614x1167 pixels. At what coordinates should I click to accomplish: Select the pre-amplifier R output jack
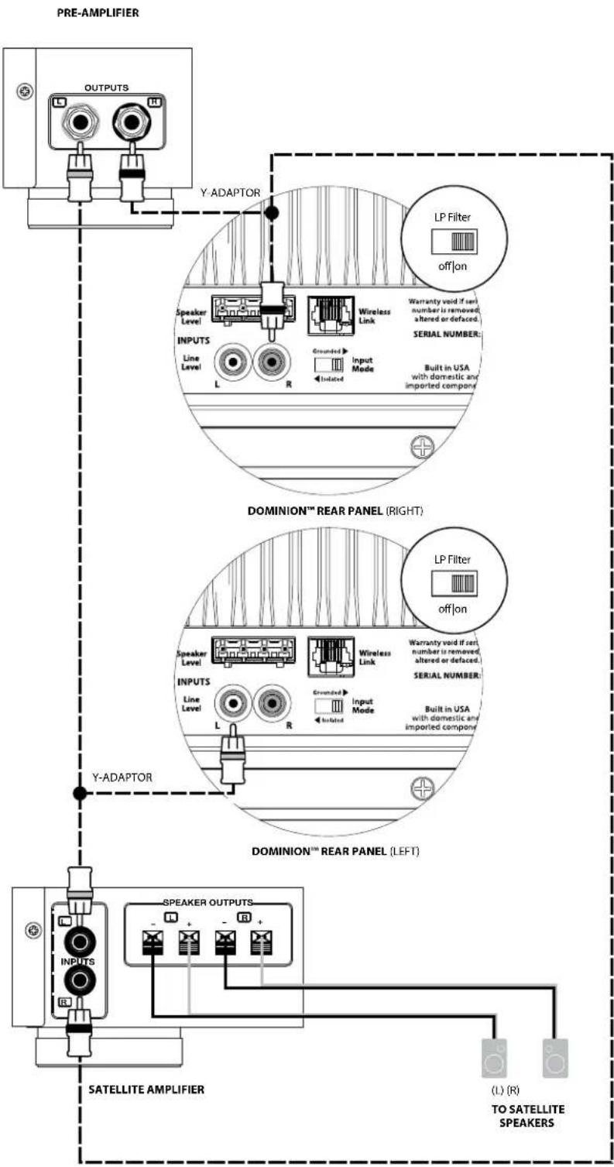(129, 122)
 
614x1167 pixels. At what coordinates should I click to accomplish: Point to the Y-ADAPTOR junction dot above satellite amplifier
(79, 793)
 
